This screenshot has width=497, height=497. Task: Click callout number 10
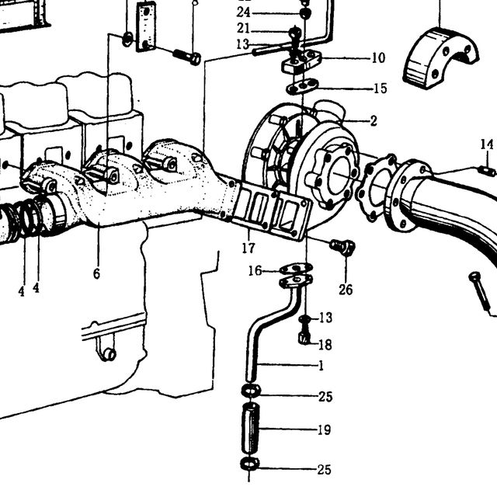tap(378, 58)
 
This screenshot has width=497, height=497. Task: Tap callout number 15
tap(381, 89)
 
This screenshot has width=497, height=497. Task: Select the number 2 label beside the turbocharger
tap(374, 121)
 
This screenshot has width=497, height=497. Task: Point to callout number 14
tap(487, 144)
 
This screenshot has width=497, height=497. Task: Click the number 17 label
tap(248, 248)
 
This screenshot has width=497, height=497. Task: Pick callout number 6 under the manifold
tap(96, 273)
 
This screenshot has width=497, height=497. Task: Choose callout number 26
tap(346, 290)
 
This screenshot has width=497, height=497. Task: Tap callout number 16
tap(255, 271)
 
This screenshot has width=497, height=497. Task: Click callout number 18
tap(325, 345)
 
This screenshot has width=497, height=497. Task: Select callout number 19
tap(325, 430)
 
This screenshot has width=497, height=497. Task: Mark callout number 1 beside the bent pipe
tap(321, 366)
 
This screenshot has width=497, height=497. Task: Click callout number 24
tap(243, 12)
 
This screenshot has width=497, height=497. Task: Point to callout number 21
tap(243, 29)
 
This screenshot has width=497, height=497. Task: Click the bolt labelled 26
tap(342, 247)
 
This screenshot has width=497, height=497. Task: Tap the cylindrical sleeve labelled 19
tap(250, 428)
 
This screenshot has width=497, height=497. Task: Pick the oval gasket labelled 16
tap(297, 269)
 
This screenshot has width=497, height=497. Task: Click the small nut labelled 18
tap(304, 338)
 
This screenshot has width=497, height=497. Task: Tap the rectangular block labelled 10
tap(302, 63)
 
